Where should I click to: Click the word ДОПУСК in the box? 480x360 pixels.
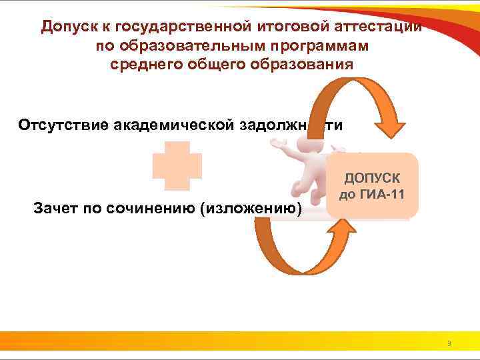coord(372,179)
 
